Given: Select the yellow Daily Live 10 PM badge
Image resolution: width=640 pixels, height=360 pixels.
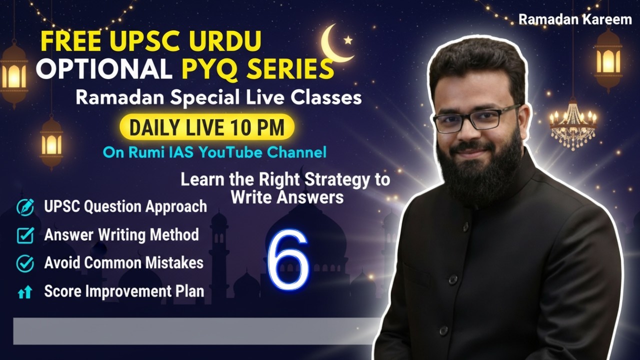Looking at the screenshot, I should (206, 128).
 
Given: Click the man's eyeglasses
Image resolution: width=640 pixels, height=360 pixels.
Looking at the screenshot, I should (475, 120).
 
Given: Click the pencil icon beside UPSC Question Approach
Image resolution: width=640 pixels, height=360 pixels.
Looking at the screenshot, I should (25, 206).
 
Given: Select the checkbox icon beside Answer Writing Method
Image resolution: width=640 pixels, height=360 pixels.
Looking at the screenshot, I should (25, 235).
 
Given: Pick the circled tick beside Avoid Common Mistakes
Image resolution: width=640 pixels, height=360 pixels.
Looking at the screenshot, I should (25, 263).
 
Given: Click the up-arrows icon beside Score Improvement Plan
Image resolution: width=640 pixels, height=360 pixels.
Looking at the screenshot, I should (25, 292).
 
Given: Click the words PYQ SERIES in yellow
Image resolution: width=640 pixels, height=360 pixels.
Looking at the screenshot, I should (257, 69).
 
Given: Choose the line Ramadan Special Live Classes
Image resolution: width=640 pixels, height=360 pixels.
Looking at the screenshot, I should (218, 97).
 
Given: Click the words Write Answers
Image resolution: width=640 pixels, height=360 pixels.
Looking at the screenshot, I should (287, 197).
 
